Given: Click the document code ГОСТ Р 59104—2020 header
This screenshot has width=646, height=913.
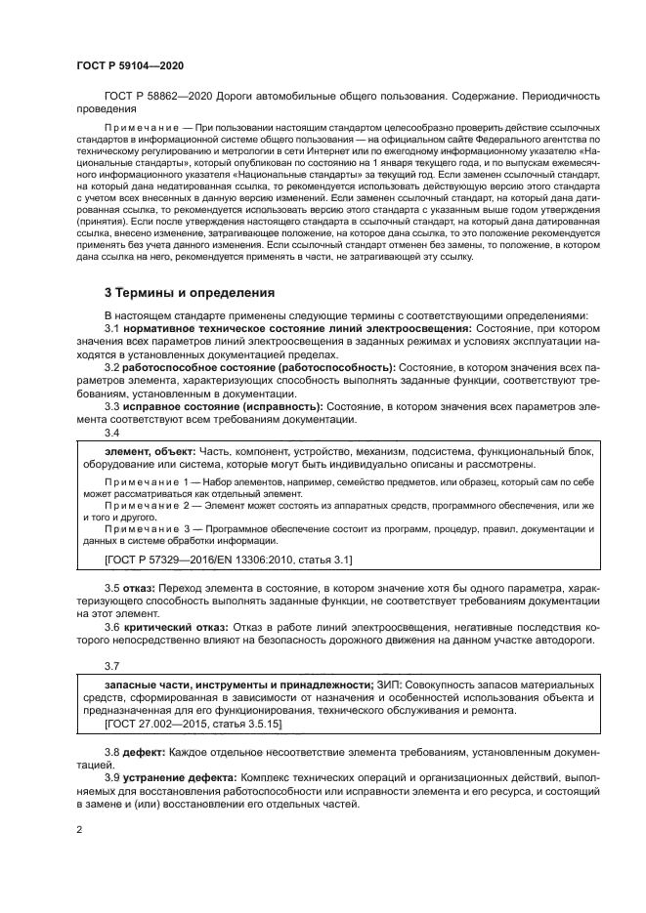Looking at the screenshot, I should click(130, 65).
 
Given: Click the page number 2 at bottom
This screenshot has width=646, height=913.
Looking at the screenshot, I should click(79, 829).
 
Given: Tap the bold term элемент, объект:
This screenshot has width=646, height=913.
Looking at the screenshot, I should click(150, 452).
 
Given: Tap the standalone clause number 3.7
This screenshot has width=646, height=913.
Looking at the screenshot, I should click(112, 666).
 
